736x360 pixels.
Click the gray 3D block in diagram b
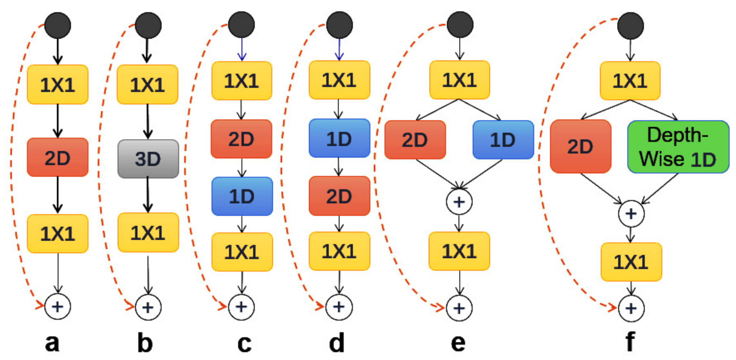pyautogui.click(x=148, y=159)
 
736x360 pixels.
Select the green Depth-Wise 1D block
pyautogui.click(x=678, y=147)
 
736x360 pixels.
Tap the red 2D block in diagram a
pyautogui.click(x=58, y=157)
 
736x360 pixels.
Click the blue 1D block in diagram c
pyautogui.click(x=242, y=196)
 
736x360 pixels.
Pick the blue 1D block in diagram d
pyautogui.click(x=339, y=138)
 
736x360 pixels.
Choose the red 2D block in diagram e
pyautogui.click(x=415, y=140)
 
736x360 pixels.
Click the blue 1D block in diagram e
pyautogui.click(x=503, y=140)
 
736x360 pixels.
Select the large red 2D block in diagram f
pyautogui.click(x=580, y=146)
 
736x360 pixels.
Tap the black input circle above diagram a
pyautogui.click(x=58, y=25)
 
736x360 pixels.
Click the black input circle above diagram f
pyautogui.click(x=630, y=26)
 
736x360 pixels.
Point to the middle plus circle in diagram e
pyautogui.click(x=459, y=202)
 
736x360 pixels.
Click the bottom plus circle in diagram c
pyautogui.click(x=241, y=307)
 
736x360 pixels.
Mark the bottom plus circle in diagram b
pyautogui.click(x=148, y=307)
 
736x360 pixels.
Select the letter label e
pyautogui.click(x=458, y=343)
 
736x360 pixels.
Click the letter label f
pyautogui.click(x=630, y=342)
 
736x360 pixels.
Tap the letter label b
pyautogui.click(x=145, y=343)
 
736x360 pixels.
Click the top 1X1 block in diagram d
pyautogui.click(x=339, y=80)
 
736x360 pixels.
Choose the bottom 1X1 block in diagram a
pyautogui.click(x=58, y=233)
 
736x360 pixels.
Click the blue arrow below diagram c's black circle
pyautogui.click(x=242, y=50)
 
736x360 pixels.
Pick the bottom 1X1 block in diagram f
pyautogui.click(x=631, y=262)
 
